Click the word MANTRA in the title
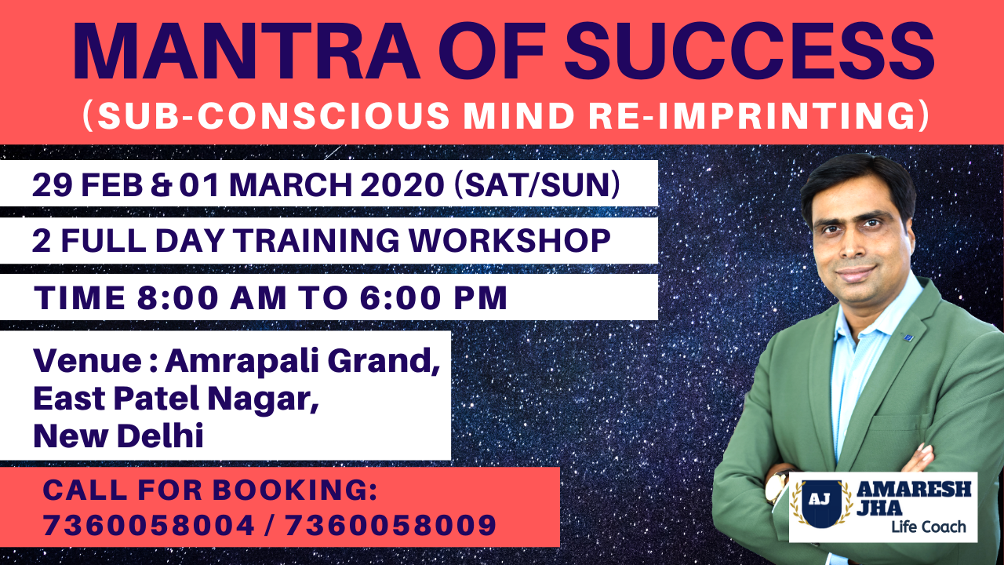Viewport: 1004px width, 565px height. point(246,51)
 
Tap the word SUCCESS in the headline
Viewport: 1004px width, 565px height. point(750,51)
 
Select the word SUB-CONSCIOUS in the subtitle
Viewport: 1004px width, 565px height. point(274,115)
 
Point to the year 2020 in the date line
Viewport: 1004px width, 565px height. point(402,184)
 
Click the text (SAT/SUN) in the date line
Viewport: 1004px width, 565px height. point(537,184)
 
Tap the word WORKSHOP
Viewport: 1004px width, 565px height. point(510,241)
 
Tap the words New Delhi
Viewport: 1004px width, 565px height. point(118,436)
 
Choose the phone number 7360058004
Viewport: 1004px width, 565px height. point(149,525)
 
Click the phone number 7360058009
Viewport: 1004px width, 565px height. point(391,525)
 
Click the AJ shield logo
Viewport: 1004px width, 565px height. point(821,503)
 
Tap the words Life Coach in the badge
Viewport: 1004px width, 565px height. point(928,527)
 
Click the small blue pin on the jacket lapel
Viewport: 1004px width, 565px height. point(908,337)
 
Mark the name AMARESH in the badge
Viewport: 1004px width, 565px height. point(914,489)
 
